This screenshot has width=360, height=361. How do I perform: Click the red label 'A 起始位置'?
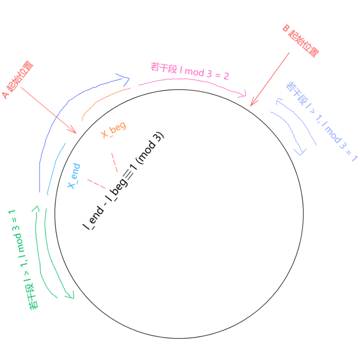[x=18, y=80]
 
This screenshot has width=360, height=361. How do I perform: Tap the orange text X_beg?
[x=114, y=130]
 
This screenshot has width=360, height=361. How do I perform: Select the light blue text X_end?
[x=74, y=176]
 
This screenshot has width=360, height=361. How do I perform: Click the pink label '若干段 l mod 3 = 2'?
[x=190, y=71]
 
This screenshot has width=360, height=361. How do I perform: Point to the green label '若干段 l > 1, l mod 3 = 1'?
[x=21, y=259]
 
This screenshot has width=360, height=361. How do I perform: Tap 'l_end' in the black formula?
[x=93, y=218]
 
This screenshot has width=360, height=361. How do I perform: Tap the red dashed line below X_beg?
[x=115, y=162]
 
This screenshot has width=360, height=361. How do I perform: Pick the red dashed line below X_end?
[x=97, y=184]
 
